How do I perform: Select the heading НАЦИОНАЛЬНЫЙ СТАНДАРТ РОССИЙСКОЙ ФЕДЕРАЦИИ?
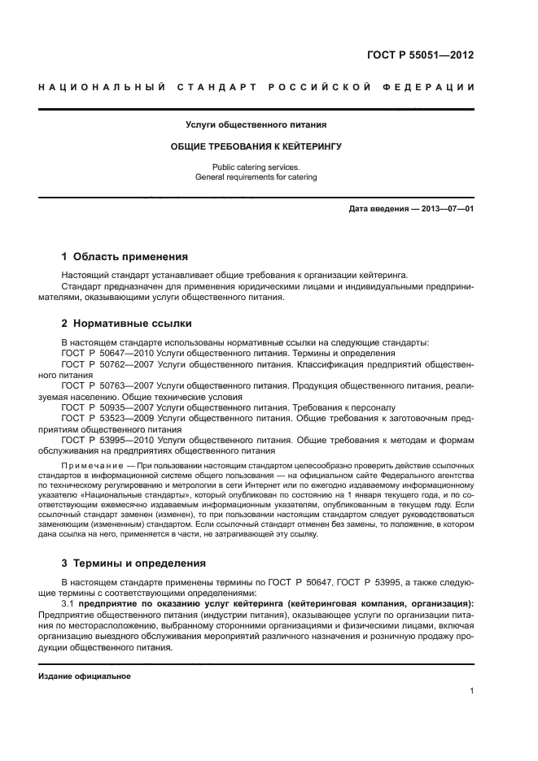tap(256, 87)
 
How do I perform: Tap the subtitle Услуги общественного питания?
tap(256, 125)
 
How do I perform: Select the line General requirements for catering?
tap(256, 176)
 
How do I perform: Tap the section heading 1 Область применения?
tap(125, 256)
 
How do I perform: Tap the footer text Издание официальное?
tap(85, 676)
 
